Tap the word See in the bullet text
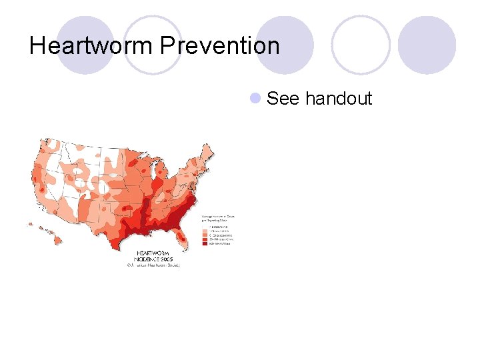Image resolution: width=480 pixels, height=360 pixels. point(283,99)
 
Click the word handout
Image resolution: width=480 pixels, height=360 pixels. point(339,99)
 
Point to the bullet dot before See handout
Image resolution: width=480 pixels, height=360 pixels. point(254,99)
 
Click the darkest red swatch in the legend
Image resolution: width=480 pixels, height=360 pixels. point(205,244)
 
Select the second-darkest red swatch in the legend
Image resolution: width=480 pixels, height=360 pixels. point(205,240)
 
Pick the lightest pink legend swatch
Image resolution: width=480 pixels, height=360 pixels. point(205,227)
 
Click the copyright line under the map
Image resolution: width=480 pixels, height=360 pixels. point(153,264)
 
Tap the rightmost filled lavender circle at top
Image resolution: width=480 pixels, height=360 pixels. point(427,45)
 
